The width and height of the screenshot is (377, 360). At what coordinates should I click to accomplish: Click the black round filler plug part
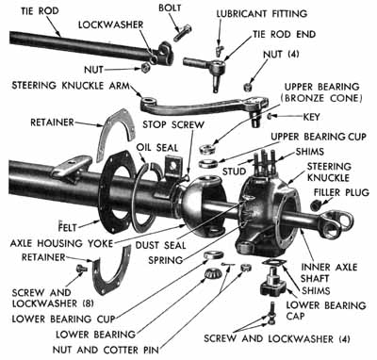click(x=318, y=204)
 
